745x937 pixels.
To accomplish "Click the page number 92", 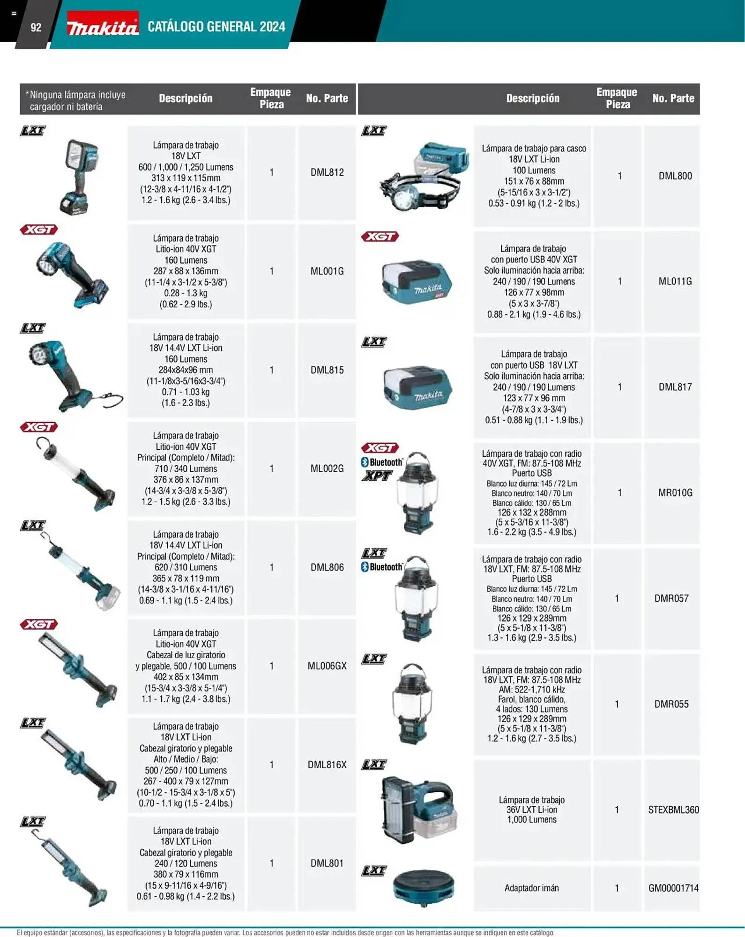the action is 36,28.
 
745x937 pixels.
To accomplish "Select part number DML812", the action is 327,172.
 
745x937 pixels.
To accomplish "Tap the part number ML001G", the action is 327,271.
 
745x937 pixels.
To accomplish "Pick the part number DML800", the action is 675,176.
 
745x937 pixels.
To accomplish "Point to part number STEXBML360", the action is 673,810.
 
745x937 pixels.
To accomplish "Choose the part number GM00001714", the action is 673,888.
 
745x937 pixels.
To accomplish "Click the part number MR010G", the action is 675,493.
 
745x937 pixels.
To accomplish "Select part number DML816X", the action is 327,765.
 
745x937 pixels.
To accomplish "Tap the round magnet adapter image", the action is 424,888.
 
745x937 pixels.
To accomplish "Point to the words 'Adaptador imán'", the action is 531,888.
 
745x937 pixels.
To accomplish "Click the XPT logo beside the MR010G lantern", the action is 377,476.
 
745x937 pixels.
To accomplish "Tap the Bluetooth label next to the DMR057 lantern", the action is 382,567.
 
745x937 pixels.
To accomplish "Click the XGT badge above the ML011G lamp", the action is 380,237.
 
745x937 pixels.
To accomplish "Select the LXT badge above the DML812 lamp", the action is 33,131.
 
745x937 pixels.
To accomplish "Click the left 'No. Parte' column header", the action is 327,98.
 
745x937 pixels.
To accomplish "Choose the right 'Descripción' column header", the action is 533,98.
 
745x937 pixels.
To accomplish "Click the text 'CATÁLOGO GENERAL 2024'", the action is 216,27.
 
